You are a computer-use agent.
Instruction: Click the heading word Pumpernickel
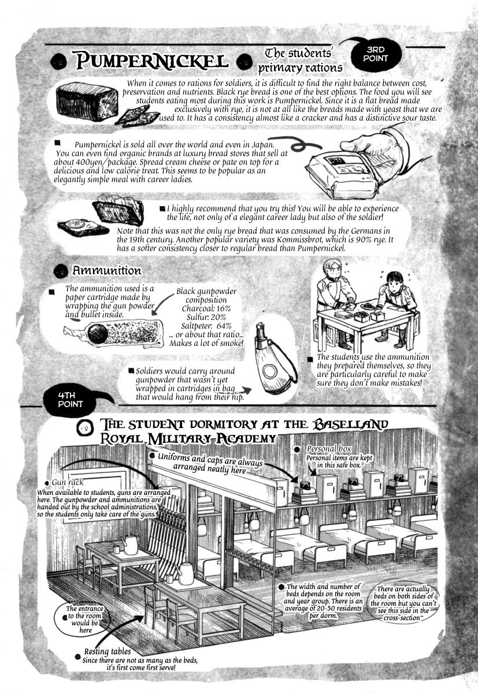pos(152,61)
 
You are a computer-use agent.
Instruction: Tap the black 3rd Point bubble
pos(376,54)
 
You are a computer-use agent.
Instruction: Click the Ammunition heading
pos(106,271)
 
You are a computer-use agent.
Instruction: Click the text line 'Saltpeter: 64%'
pos(206,326)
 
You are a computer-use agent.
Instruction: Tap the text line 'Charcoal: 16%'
pos(206,308)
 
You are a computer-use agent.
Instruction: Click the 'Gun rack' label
pos(68,482)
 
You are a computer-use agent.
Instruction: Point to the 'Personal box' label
pos(329,449)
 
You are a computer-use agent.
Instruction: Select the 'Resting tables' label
pos(108,651)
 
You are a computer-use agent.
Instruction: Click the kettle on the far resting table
pos(130,545)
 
